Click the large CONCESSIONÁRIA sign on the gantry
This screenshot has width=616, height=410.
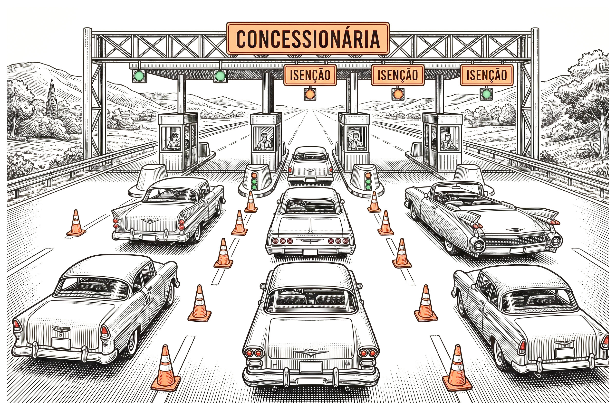pos(308,38)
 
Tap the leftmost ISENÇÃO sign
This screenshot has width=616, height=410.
pos(310,75)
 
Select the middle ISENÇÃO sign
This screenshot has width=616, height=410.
pos(397,75)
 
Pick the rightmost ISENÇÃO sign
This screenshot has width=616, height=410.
pos(487,75)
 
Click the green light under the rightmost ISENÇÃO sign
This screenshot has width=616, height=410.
pos(486,93)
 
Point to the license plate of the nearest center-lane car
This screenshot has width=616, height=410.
pos(311,367)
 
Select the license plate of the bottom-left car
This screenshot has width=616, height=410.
pos(61,343)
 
